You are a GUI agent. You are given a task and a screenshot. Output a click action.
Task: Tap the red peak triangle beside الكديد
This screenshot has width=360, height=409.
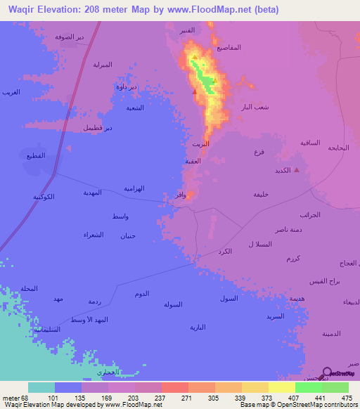click(x=297, y=169)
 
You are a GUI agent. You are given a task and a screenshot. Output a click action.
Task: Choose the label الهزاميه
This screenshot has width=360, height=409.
click(x=134, y=188)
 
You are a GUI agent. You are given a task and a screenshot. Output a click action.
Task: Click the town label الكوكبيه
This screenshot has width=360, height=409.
click(x=44, y=197)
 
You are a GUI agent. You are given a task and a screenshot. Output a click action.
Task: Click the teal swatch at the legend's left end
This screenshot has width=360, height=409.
click(x=41, y=387)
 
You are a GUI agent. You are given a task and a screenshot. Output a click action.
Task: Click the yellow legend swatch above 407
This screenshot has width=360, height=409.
click(x=282, y=387)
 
